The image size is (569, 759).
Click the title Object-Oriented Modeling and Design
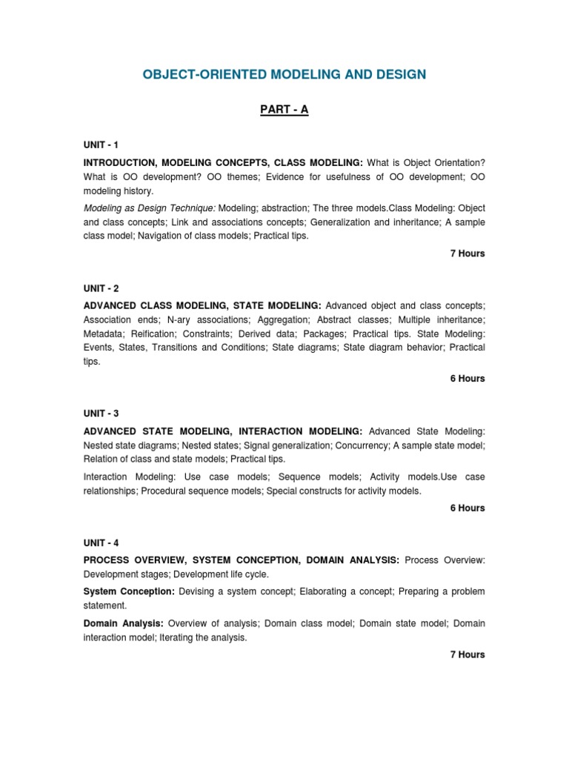click(284, 74)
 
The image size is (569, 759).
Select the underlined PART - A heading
click(284, 110)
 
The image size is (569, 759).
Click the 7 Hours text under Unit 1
click(467, 253)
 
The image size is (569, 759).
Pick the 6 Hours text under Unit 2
click(467, 379)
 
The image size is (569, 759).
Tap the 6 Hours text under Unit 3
click(467, 508)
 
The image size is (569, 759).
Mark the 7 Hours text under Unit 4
click(467, 654)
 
